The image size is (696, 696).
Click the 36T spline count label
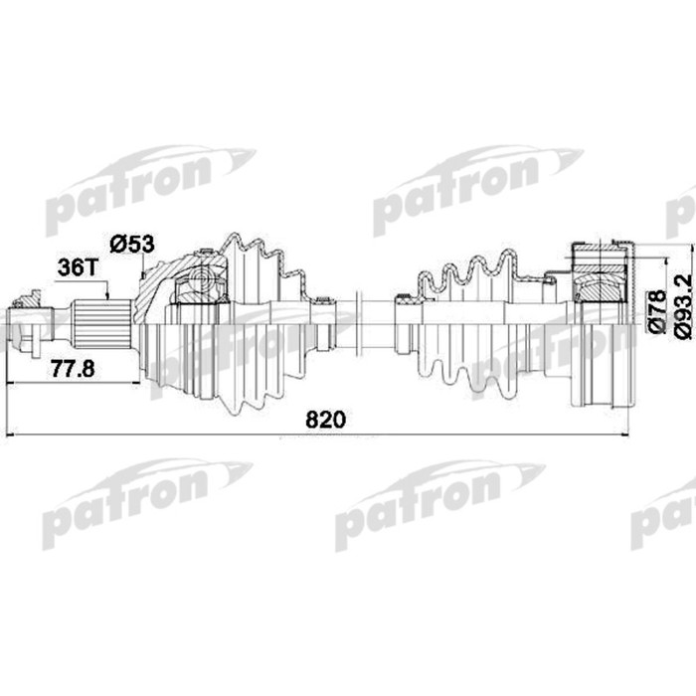coord(79,267)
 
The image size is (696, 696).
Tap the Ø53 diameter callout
coord(131,242)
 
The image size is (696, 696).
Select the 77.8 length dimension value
coord(74,368)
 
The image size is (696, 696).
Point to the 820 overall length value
coord(325,420)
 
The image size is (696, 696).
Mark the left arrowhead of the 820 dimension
coord(10,435)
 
